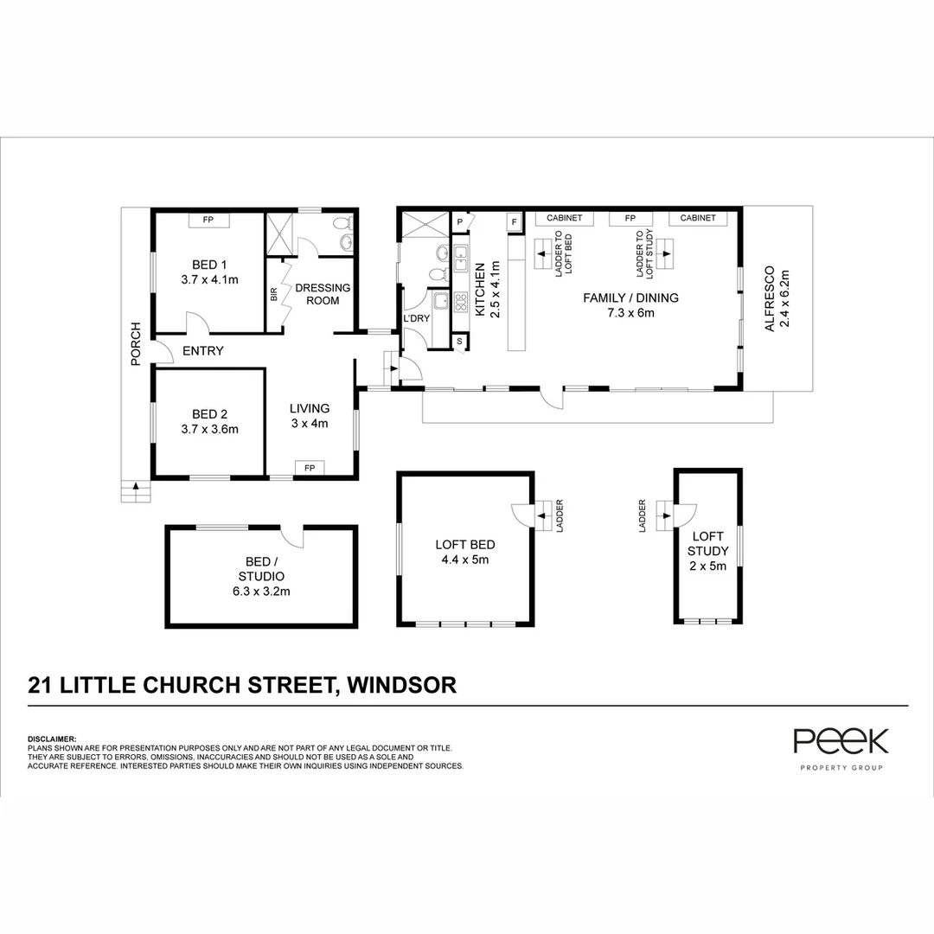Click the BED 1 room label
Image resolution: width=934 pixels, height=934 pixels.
point(208,265)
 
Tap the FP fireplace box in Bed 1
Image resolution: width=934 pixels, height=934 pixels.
point(208,221)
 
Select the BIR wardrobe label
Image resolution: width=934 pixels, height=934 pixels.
point(274,295)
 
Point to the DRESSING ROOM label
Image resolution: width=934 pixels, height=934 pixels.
point(323,294)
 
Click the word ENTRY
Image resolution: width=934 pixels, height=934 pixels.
point(204,351)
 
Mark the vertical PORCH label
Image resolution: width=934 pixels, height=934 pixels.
point(136,343)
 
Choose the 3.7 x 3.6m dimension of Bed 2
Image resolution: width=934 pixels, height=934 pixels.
point(209,429)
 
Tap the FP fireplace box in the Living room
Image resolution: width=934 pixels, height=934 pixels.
point(309,468)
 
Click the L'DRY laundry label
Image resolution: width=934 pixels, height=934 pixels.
point(417,319)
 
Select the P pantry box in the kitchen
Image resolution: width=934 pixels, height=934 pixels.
point(460,222)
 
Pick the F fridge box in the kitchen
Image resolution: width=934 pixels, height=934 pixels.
point(515,222)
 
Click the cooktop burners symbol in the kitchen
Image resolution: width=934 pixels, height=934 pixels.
point(460,302)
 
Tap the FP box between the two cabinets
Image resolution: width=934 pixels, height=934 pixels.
point(630,219)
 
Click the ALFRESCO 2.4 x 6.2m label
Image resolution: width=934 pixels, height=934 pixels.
point(774,299)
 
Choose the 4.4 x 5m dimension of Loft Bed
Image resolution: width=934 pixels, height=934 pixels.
point(464,560)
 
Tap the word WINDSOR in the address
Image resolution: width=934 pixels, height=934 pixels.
point(401,686)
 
